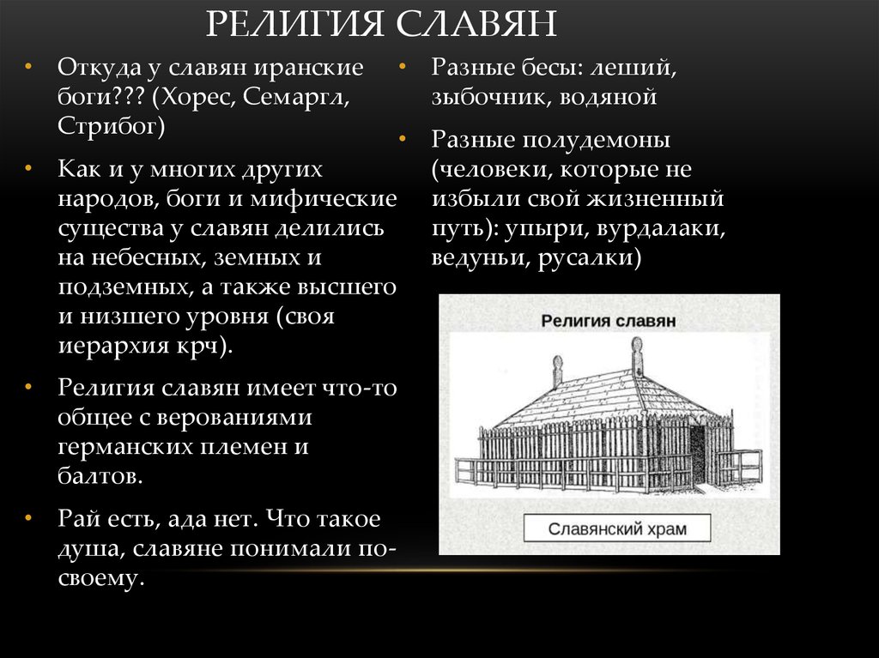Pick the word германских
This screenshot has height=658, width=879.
click(x=124, y=446)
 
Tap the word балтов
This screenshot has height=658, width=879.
click(x=99, y=475)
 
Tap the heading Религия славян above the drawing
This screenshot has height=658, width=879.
click(x=609, y=321)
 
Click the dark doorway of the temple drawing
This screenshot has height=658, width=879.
click(x=697, y=451)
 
